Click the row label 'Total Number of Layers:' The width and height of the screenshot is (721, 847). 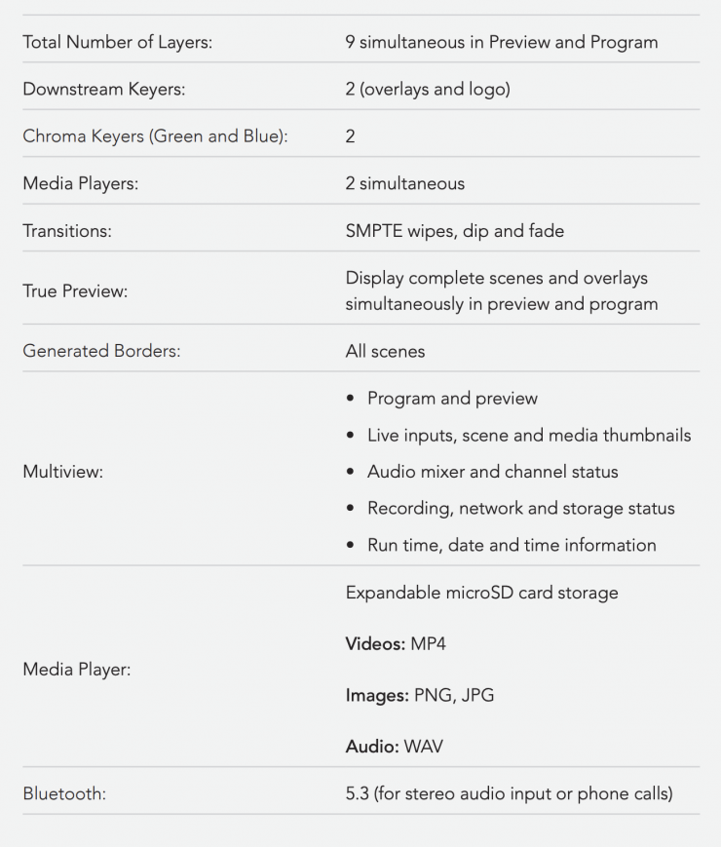pos(117,42)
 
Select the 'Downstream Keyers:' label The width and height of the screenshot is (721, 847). pos(104,90)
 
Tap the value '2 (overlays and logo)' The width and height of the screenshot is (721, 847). pos(427,90)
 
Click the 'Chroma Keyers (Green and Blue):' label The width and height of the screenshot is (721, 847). pos(156,136)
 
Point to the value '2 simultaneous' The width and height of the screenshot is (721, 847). pos(404,183)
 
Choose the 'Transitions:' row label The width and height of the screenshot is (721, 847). pos(68,231)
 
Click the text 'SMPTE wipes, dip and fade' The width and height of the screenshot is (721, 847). pos(454,231)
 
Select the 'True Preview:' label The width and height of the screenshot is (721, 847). pos(75,290)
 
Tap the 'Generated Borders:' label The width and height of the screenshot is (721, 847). pos(101,351)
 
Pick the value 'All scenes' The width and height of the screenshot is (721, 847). pos(385,351)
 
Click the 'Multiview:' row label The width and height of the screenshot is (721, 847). pos(63,472)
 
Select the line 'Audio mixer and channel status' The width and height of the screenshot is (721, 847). pos(492,472)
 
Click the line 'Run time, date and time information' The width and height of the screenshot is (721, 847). pos(512,545)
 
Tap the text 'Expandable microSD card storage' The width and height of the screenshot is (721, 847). pos(481,593)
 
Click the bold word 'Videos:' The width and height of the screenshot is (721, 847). pos(374,644)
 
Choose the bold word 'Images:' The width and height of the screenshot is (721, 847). pos(377,695)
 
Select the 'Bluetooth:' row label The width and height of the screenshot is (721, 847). pos(64,793)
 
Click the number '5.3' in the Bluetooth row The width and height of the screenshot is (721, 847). pos(359,793)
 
